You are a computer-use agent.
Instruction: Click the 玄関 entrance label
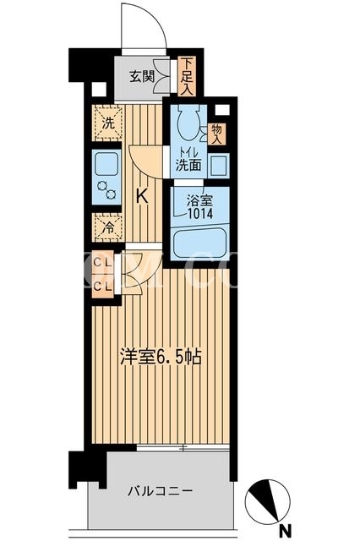[x=142, y=76]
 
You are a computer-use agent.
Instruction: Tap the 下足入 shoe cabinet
[x=187, y=76]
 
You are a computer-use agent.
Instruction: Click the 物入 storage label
[x=216, y=134]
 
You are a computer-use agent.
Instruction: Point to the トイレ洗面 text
[x=188, y=160]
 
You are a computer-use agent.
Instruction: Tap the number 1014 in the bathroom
[x=200, y=214]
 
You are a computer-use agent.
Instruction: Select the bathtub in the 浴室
[x=199, y=244]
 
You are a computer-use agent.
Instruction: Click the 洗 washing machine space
[x=108, y=123]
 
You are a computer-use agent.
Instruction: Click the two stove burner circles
[x=106, y=189]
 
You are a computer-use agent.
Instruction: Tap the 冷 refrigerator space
[x=108, y=227]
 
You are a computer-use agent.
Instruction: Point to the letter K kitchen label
[x=142, y=197]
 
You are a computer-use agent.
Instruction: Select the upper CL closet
[x=102, y=263]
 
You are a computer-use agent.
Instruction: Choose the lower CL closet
[x=102, y=287]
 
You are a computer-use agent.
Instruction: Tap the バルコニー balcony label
[x=160, y=490]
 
